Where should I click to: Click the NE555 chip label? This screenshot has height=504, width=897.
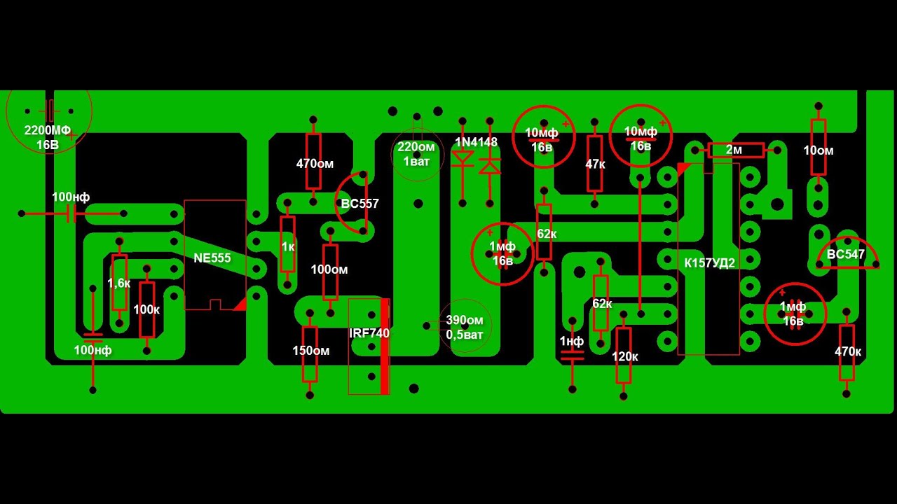pyautogui.click(x=212, y=258)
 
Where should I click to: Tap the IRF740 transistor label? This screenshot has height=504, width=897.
pyautogui.click(x=369, y=333)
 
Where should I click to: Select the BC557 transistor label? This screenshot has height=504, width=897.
pyautogui.click(x=360, y=204)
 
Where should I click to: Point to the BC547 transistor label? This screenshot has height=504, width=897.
pyautogui.click(x=845, y=254)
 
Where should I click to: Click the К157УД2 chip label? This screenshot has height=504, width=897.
pyautogui.click(x=709, y=262)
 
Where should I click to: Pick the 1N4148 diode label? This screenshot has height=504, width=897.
pyautogui.click(x=476, y=142)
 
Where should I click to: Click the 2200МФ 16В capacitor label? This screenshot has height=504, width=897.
pyautogui.click(x=48, y=137)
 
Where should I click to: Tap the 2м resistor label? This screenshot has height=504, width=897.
pyautogui.click(x=734, y=150)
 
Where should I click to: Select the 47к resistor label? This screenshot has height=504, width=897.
pyautogui.click(x=595, y=164)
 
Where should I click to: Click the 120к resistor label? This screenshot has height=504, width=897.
pyautogui.click(x=624, y=357)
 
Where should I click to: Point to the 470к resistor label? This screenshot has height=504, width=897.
pyautogui.click(x=848, y=351)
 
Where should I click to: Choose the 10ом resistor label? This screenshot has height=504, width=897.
pyautogui.click(x=818, y=150)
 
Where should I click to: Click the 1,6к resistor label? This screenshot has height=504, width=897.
pyautogui.click(x=118, y=283)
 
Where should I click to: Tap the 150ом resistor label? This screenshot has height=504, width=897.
pyautogui.click(x=310, y=351)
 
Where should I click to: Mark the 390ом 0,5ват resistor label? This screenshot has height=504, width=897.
pyautogui.click(x=465, y=328)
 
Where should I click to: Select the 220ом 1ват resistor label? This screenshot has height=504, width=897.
pyautogui.click(x=416, y=154)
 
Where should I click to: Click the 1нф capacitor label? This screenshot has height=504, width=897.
pyautogui.click(x=571, y=341)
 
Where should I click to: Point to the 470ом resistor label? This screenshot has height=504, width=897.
pyautogui.click(x=315, y=164)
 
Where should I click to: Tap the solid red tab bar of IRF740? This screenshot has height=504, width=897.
pyautogui.click(x=385, y=346)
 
